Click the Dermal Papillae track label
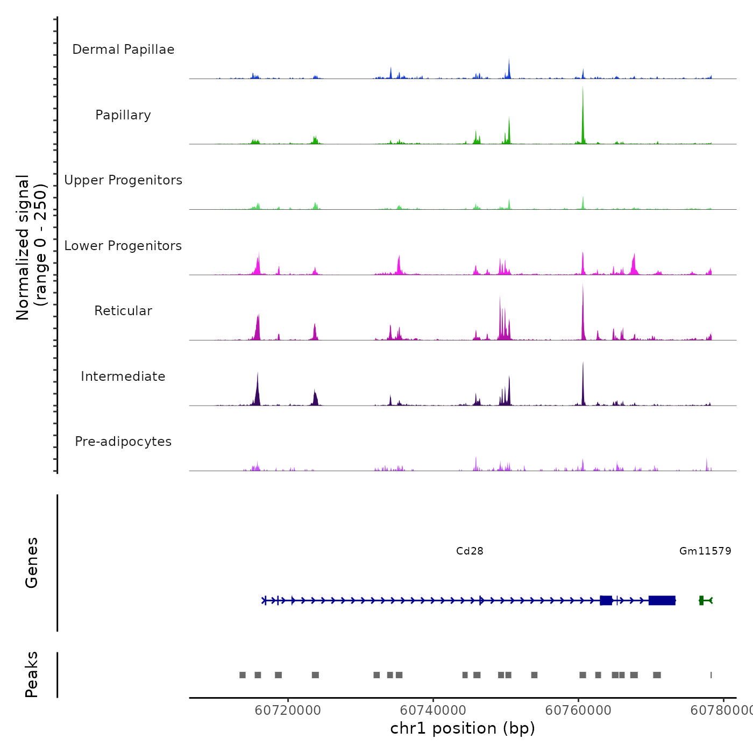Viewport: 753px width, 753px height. pos(123,49)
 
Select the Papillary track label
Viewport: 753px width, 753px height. pos(123,115)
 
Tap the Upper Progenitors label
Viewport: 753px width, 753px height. pos(123,180)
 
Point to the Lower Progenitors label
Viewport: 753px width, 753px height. pos(123,246)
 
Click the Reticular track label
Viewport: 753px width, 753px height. pos(123,311)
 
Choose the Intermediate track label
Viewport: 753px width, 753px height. pos(123,376)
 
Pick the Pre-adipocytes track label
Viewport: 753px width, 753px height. pos(123,442)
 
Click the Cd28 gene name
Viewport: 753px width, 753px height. pos(470,551)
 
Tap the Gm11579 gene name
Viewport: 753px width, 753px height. pos(705,551)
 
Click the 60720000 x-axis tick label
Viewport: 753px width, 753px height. pos(288,711)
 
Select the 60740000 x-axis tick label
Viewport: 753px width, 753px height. pos(433,711)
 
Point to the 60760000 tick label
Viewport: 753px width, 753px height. pos(578,711)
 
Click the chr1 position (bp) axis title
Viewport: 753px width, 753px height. pos(463,729)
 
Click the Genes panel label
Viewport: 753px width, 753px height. pos(32,563)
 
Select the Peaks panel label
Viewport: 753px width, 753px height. pos(32,674)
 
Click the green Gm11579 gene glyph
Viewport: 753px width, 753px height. pos(705,600)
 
